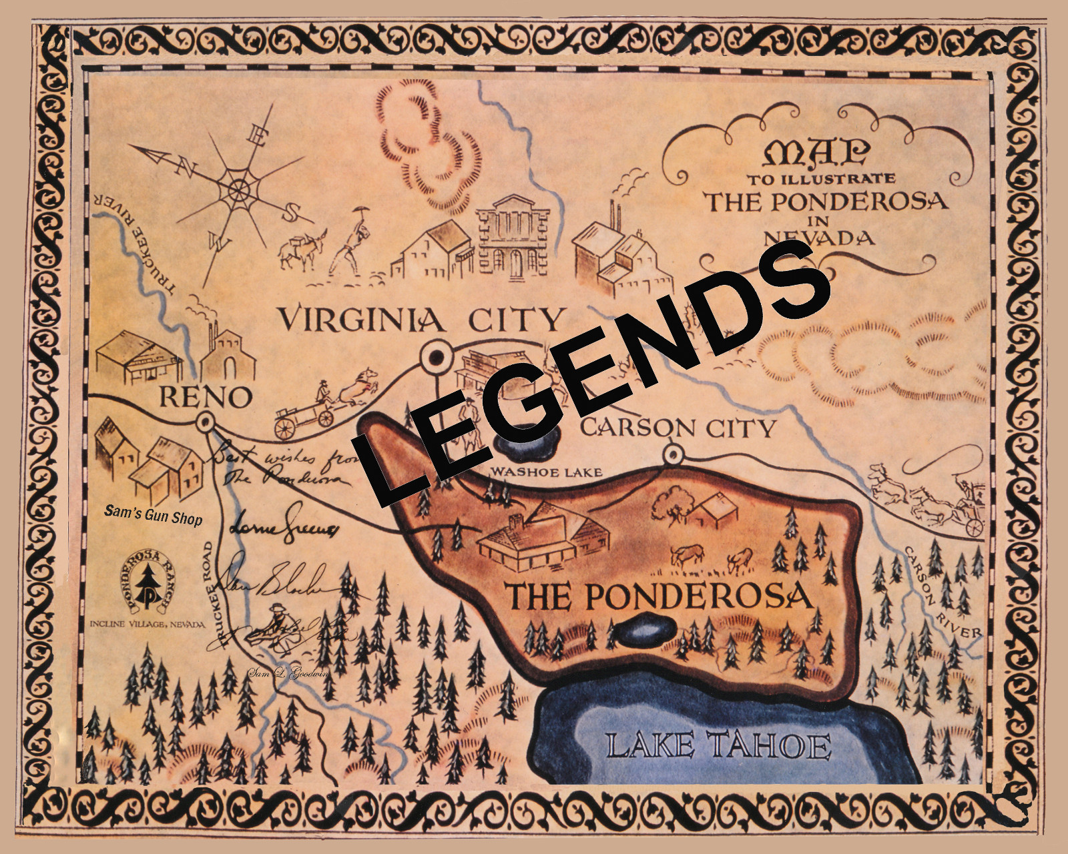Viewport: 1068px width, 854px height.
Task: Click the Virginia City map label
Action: pyautogui.click(x=421, y=320)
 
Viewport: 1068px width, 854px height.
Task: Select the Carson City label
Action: pyautogui.click(x=678, y=428)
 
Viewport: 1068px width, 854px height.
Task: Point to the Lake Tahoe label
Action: pyautogui.click(x=718, y=746)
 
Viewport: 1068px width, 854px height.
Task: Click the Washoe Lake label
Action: pyautogui.click(x=546, y=472)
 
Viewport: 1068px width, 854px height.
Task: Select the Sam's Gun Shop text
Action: pyautogui.click(x=153, y=516)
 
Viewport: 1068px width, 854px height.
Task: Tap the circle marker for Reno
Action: pyautogui.click(x=205, y=422)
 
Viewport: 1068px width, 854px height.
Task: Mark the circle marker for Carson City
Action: pyautogui.click(x=673, y=455)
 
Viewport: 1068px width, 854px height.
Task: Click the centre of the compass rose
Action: pyautogui.click(x=237, y=190)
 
